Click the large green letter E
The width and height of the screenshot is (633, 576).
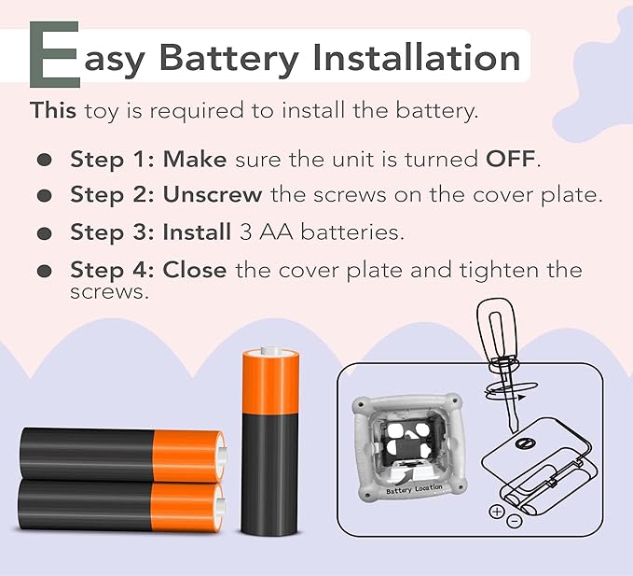pos(54,54)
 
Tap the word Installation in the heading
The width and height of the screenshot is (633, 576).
pos(416,57)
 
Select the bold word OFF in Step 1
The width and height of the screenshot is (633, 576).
pos(510,159)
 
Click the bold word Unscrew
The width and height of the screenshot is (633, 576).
pos(213,194)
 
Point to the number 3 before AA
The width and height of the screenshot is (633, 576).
pos(245,232)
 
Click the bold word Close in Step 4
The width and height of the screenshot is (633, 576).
pos(194,270)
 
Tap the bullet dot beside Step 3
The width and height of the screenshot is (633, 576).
pos(45,233)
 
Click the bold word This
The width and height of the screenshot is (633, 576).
pos(53,110)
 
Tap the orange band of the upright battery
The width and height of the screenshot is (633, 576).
pos(270,384)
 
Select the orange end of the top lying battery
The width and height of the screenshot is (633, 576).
pos(188,456)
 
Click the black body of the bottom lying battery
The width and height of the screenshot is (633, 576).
pos(85,505)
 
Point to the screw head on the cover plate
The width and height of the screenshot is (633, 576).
pos(525,443)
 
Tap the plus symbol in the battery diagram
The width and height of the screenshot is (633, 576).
pos(497,512)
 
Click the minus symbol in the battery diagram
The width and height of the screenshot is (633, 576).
pos(514,521)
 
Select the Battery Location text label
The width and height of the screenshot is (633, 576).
pos(414,488)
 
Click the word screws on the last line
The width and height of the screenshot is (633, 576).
pos(110,292)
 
